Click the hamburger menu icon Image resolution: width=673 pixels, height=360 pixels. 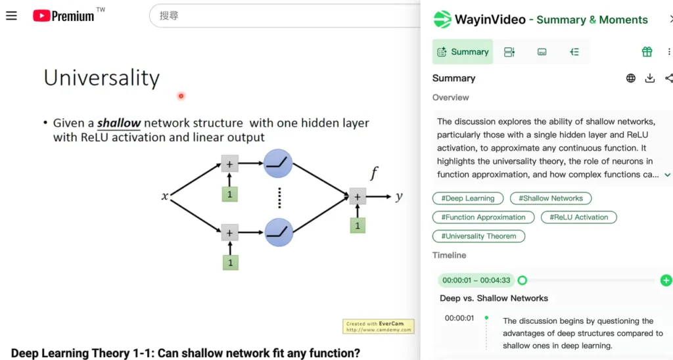pyautogui.click(x=11, y=16)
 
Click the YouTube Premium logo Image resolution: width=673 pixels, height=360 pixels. pyautogui.click(x=64, y=16)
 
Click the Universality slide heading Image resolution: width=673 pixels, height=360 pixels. pyautogui.click(x=102, y=78)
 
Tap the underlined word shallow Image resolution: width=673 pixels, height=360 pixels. pyautogui.click(x=119, y=123)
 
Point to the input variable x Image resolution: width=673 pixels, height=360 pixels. pyautogui.click(x=165, y=196)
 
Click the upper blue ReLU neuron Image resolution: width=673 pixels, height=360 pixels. pyautogui.click(x=278, y=164)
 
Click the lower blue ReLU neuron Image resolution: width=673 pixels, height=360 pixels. pyautogui.click(x=278, y=231)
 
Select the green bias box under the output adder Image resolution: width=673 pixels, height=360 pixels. pyautogui.click(x=358, y=225)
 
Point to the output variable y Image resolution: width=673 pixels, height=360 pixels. pyautogui.click(x=399, y=196)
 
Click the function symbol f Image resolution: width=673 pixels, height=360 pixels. pyautogui.click(x=374, y=173)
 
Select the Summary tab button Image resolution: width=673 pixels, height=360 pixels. pyautogui.click(x=462, y=52)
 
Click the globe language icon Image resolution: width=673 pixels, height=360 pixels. pyautogui.click(x=631, y=78)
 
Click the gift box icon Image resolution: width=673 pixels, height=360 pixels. pyautogui.click(x=647, y=52)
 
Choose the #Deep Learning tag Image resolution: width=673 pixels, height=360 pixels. pyautogui.click(x=468, y=198)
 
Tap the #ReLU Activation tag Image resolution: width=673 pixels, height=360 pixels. pyautogui.click(x=578, y=217)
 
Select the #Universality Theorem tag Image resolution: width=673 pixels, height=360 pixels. pyautogui.click(x=478, y=236)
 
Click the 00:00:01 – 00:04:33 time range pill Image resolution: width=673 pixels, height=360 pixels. pyautogui.click(x=476, y=281)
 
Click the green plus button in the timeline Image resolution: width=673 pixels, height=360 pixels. pyautogui.click(x=666, y=281)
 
